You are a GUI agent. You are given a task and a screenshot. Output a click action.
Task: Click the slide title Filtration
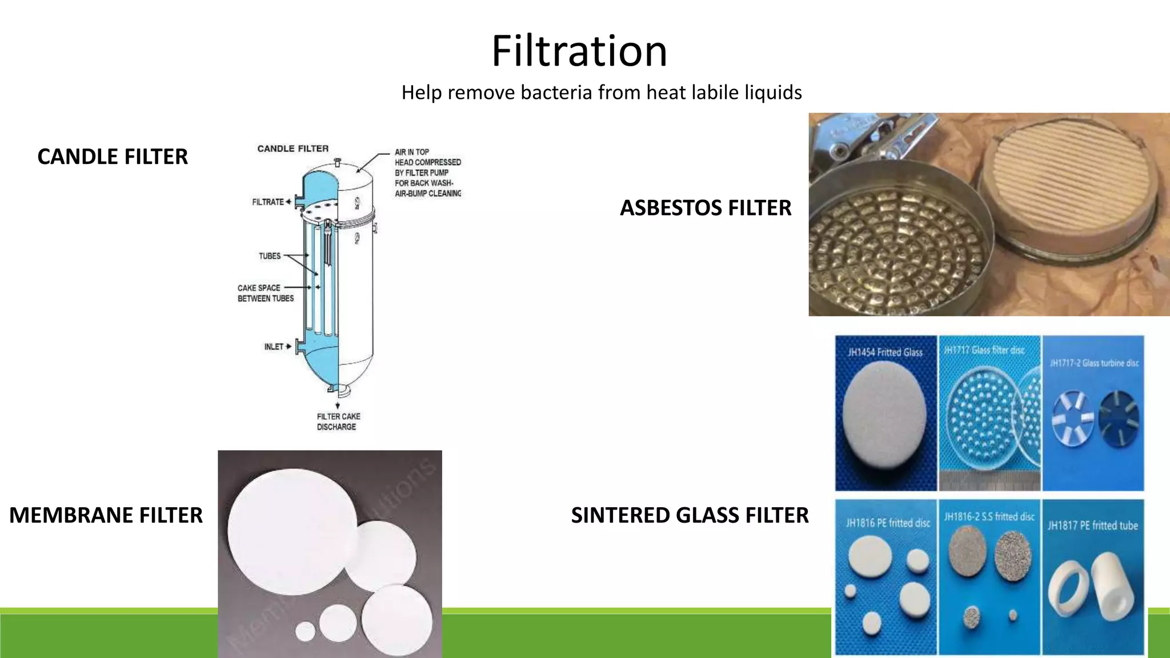(x=579, y=51)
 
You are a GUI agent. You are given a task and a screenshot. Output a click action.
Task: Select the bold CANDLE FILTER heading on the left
(x=113, y=157)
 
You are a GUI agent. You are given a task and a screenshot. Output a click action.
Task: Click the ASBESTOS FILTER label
(x=706, y=208)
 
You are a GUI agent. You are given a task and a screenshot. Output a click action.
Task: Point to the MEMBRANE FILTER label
(x=106, y=515)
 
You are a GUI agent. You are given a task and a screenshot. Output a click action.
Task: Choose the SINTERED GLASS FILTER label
(x=690, y=515)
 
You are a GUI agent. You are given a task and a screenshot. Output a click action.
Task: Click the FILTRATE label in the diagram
(x=268, y=202)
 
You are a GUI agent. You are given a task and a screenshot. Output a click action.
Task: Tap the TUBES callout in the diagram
(x=270, y=256)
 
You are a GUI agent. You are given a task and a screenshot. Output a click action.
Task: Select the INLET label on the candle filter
(x=274, y=347)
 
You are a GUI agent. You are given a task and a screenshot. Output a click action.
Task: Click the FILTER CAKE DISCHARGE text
(x=338, y=422)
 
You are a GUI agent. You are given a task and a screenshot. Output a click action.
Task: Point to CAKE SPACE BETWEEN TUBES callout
(x=265, y=293)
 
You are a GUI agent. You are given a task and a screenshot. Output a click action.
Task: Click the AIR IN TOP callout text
(x=427, y=172)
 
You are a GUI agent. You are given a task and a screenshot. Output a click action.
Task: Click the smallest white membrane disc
(x=305, y=632)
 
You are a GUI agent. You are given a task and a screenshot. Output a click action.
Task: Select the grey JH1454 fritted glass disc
(x=884, y=423)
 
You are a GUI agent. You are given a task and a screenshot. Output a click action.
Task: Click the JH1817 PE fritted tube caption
(x=1092, y=525)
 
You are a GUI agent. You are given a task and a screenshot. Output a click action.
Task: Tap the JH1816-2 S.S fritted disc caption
(x=989, y=517)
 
